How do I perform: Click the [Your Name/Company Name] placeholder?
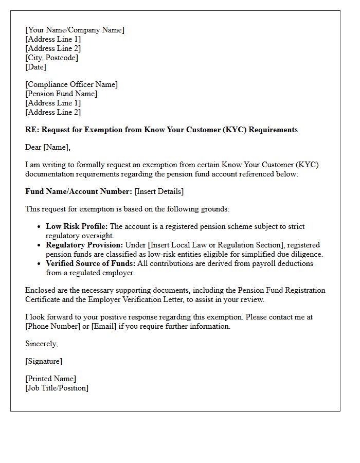tap(75, 30)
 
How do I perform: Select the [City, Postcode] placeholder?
tap(51, 58)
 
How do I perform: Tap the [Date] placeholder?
tap(35, 67)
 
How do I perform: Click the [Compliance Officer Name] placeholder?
tap(71, 84)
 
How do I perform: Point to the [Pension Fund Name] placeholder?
tap(61, 94)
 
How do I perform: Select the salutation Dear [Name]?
tap(48, 147)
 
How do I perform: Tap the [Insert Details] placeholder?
tap(159, 191)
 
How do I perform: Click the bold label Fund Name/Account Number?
tap(79, 191)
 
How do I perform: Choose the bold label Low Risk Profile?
tap(77, 226)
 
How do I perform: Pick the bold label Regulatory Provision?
tap(84, 245)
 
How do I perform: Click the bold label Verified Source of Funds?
tap(91, 263)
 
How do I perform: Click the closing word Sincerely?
tap(42, 344)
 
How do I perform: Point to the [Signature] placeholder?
tap(44, 361)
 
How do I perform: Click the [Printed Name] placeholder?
tap(50, 379)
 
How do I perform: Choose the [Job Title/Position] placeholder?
tap(57, 388)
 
